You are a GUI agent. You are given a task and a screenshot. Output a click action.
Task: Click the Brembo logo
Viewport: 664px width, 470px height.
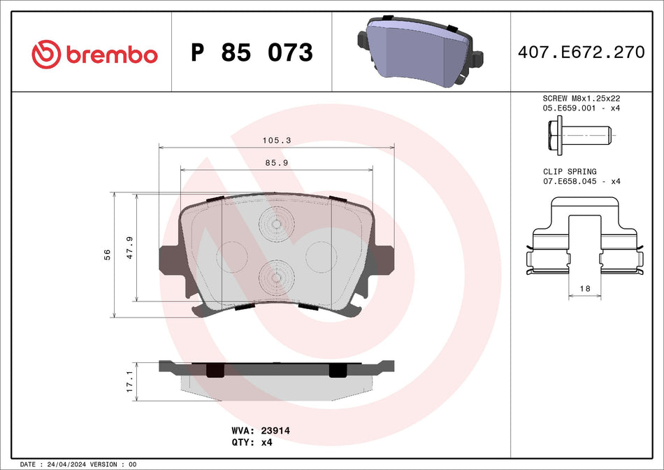[94, 53]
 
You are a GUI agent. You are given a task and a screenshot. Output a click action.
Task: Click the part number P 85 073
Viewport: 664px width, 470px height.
[252, 52]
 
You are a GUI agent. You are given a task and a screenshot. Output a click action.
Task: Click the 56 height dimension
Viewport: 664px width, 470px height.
[107, 254]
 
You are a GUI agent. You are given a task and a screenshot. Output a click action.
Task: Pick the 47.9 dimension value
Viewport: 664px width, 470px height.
[129, 248]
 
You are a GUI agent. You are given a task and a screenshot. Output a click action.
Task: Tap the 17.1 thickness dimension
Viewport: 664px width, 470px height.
[129, 381]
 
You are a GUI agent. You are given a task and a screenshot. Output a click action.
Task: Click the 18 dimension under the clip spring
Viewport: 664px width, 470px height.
[585, 288]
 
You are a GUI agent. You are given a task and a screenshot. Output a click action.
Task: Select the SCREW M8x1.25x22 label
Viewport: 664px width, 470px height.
[582, 99]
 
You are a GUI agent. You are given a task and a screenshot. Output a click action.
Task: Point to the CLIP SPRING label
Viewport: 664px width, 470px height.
[570, 171]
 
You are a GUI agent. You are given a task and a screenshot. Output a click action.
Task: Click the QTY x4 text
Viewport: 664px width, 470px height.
[252, 443]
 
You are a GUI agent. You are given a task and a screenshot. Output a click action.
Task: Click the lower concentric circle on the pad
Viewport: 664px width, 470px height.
[276, 278]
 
